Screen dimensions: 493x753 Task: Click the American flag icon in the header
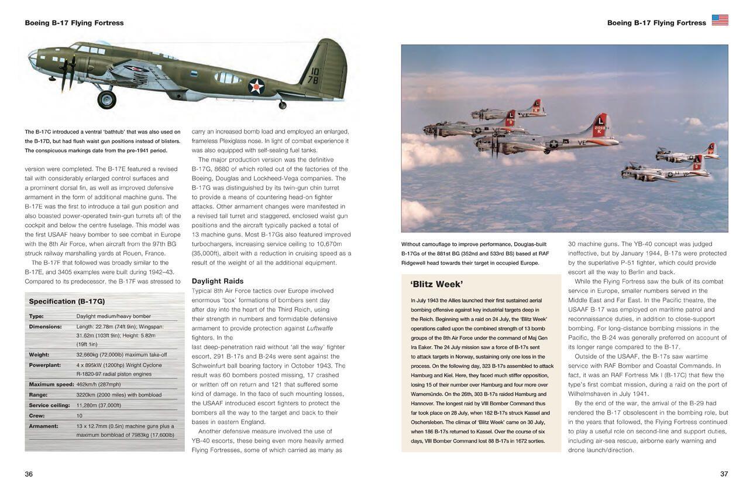coord(720,20)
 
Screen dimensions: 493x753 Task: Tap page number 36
coord(29,474)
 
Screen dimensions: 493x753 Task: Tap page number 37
coord(724,474)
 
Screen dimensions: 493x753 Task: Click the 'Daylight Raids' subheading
coord(217,281)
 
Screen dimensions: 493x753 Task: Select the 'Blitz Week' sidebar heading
coord(436,285)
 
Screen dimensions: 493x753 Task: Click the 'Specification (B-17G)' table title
coord(67,302)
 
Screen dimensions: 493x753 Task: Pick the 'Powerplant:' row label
coord(44,365)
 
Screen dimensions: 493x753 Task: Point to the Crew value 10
coord(80,416)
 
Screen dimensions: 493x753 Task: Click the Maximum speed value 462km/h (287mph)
coord(98,385)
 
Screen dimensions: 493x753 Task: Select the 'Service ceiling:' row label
coord(49,405)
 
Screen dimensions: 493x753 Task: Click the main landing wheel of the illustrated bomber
coord(106,99)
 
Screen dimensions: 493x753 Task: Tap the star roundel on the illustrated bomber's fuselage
coord(256,87)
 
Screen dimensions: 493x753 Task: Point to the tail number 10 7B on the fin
coord(314,76)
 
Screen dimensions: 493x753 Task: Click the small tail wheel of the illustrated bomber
coord(283,105)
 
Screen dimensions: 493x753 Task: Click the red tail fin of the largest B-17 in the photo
coord(599,125)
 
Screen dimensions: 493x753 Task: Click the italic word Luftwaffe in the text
coord(320,328)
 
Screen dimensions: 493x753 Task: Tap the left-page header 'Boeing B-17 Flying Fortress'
coord(74,23)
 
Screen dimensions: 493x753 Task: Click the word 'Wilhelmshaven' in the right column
coord(590,394)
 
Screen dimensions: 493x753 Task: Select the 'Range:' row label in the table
coord(39,395)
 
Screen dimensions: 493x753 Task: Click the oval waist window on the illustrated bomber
coord(228,77)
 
